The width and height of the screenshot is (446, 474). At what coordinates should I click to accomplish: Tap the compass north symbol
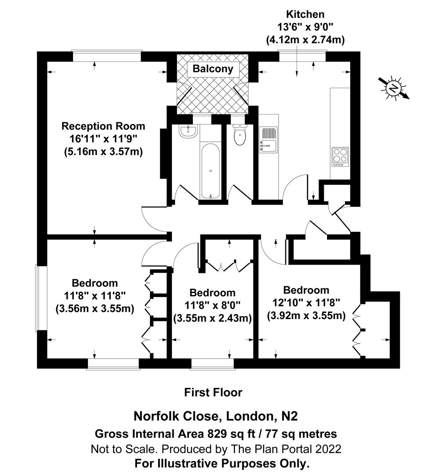tap(394, 88)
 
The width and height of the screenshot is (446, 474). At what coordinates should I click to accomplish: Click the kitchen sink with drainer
tap(268, 139)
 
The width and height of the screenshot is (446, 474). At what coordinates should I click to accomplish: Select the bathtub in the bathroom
tap(211, 169)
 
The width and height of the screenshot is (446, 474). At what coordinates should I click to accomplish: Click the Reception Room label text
tap(103, 126)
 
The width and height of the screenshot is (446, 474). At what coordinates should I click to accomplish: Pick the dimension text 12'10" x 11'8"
tap(306, 303)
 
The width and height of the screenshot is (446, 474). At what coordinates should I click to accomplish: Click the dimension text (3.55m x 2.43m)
tap(212, 318)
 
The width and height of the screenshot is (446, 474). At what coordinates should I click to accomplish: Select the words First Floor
tap(213, 392)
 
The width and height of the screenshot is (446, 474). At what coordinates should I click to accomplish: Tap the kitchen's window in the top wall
tap(303, 56)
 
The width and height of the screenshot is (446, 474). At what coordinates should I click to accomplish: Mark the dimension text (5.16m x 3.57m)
tap(103, 152)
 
